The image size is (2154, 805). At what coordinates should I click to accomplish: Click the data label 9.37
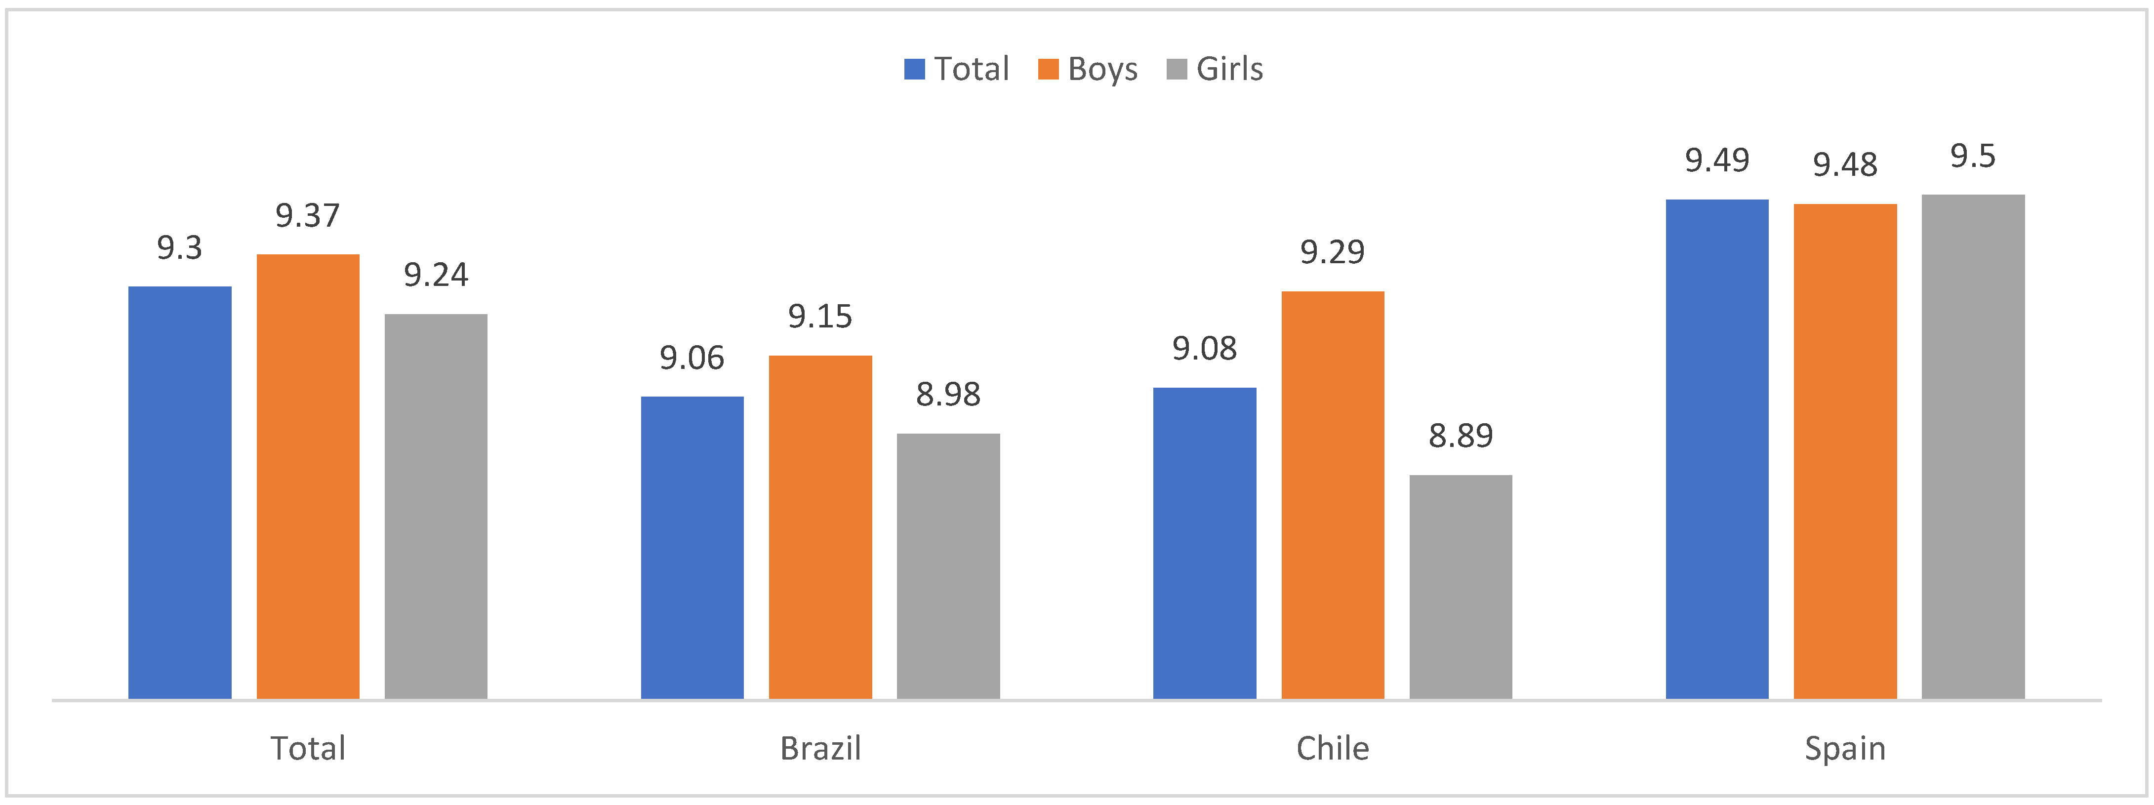pyautogui.click(x=308, y=216)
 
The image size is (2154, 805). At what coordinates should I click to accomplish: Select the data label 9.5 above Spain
pyautogui.click(x=1973, y=157)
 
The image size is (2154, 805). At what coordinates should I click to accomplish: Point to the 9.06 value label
pyautogui.click(x=691, y=358)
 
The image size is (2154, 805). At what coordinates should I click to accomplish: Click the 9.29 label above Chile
pyautogui.click(x=1332, y=251)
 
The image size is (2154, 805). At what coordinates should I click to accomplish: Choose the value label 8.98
pyautogui.click(x=948, y=395)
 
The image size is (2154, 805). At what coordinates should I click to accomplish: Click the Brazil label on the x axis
pyautogui.click(x=820, y=748)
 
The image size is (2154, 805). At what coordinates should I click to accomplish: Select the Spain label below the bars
pyautogui.click(x=1845, y=748)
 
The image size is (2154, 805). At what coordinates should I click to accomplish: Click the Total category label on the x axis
pyautogui.click(x=308, y=748)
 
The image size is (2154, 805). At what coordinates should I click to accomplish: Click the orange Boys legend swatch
pyautogui.click(x=1048, y=69)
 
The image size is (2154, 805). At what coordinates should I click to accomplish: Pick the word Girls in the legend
pyautogui.click(x=1229, y=69)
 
